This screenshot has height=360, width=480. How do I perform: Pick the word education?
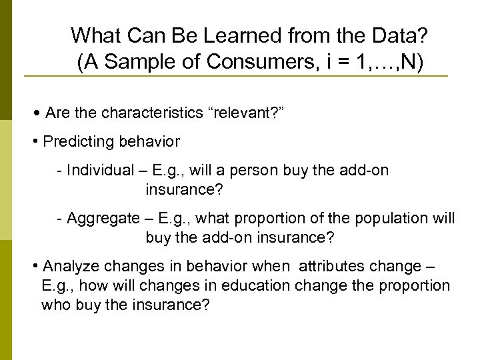click(257, 286)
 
